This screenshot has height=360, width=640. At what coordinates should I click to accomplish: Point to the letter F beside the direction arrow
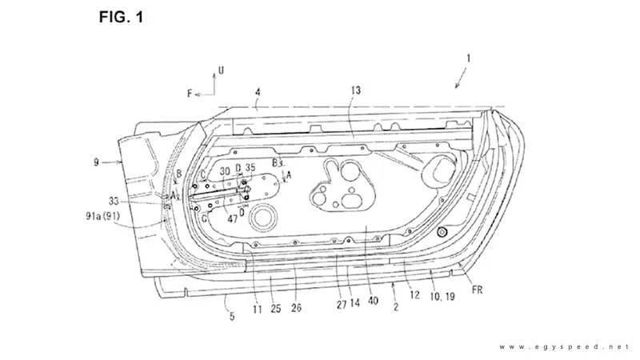pos(190,94)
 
